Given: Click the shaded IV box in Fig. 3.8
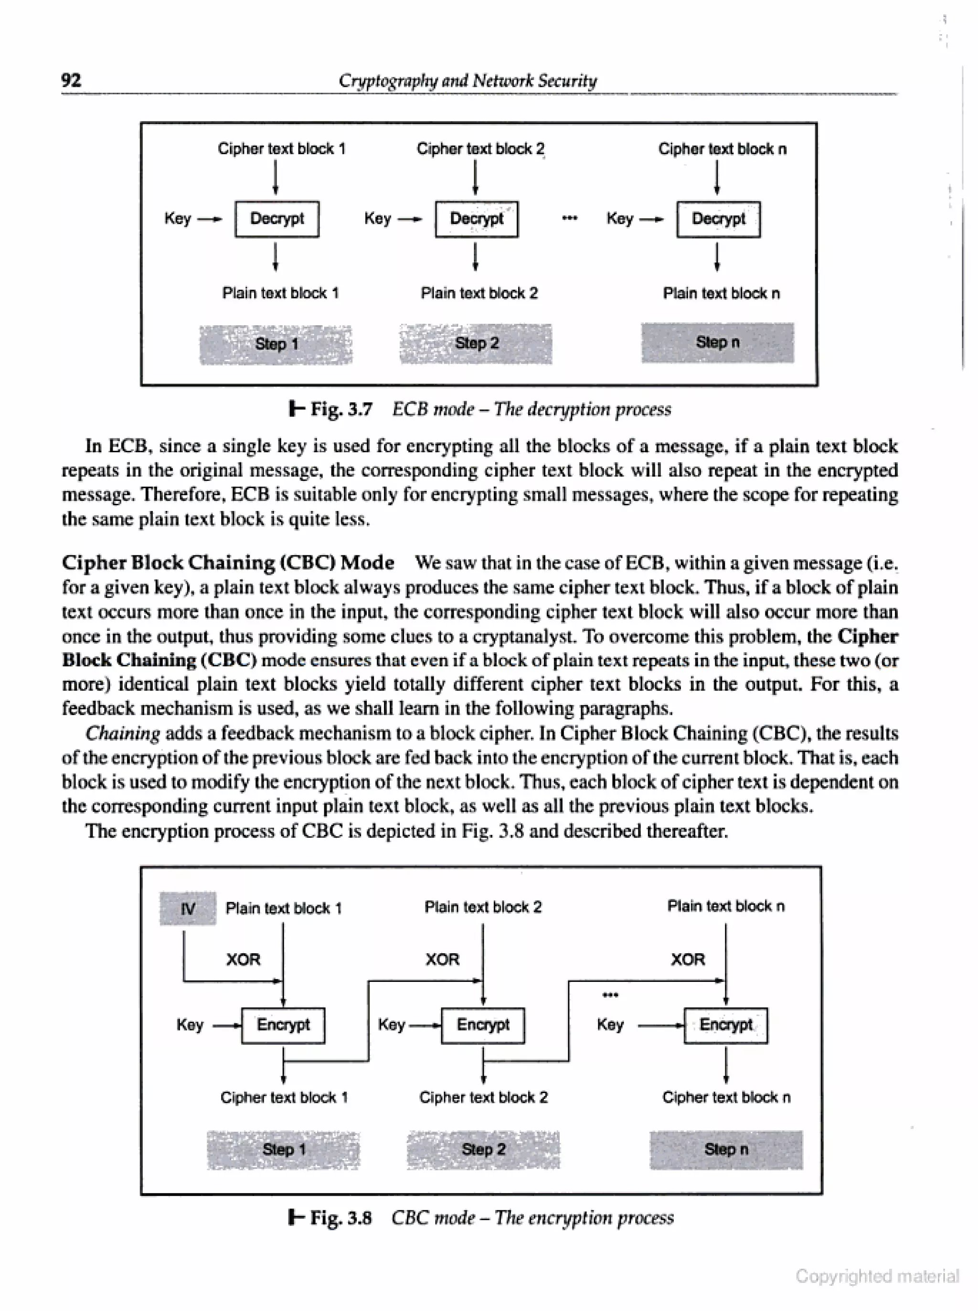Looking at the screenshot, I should (188, 908).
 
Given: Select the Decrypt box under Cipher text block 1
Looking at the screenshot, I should (276, 219).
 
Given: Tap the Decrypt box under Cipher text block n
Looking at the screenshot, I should (718, 219).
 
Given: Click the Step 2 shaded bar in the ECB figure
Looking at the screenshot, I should (476, 343).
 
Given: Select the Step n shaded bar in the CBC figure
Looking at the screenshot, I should (726, 1150).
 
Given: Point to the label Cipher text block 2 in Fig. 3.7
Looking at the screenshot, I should (480, 149).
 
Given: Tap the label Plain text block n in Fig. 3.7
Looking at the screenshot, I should (721, 293).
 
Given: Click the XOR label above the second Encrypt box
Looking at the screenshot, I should (442, 959).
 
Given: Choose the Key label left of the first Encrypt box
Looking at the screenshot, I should (190, 1025).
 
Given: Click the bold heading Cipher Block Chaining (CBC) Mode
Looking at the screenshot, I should (228, 563).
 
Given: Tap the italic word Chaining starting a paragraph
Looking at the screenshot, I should (123, 733).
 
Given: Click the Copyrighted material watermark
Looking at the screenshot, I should (876, 1276).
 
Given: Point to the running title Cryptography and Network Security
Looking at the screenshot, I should (468, 81).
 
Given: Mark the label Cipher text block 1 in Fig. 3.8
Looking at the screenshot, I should (284, 1097).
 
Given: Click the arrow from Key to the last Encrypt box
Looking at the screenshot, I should (660, 1025).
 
